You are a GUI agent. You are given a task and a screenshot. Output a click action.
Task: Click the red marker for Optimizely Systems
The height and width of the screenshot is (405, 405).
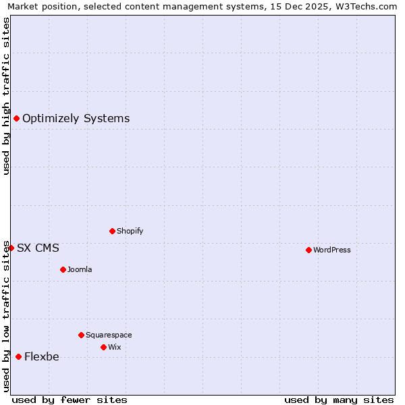click(16, 119)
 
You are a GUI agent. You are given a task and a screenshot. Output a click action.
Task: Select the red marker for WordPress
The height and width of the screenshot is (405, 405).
click(308, 250)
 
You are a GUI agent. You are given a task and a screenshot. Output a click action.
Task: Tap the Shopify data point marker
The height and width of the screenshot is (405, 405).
click(112, 231)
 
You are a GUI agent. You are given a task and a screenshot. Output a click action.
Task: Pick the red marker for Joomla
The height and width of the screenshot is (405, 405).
click(63, 269)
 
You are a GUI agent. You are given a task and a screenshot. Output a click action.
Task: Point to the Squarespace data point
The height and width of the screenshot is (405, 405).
click(81, 335)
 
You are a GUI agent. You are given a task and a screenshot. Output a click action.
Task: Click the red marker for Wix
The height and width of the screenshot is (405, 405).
click(103, 347)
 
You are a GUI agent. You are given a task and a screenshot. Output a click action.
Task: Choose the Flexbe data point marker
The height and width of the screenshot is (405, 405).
click(18, 356)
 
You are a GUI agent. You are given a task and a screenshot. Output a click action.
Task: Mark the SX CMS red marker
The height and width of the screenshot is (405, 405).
click(11, 248)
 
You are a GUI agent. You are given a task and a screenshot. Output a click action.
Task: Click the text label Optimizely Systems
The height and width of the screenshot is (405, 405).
click(76, 119)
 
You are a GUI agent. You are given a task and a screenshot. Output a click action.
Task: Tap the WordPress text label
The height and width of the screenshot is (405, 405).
click(331, 250)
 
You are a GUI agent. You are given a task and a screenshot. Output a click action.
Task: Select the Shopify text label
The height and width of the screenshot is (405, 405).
click(130, 231)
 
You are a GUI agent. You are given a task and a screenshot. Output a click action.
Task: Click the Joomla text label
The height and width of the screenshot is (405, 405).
click(80, 269)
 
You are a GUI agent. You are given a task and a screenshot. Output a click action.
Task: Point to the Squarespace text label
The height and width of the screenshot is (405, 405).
click(109, 335)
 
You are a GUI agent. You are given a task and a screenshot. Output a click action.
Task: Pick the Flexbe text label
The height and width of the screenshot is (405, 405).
click(41, 357)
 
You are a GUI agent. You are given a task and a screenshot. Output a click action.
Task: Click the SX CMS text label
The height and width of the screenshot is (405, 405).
click(38, 248)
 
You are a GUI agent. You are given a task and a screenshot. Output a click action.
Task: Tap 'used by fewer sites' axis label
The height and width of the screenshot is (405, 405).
click(70, 400)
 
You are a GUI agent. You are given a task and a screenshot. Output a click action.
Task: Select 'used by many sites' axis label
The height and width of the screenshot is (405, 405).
click(339, 400)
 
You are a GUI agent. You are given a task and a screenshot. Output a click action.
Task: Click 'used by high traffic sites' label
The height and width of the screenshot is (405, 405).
click(6, 96)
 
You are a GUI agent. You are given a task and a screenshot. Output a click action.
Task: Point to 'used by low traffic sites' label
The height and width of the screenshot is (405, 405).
click(6, 316)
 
